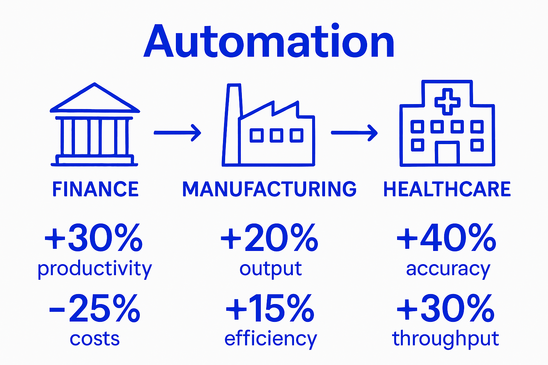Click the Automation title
(x=269, y=41)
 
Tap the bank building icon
(x=95, y=125)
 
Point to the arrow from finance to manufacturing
(x=177, y=133)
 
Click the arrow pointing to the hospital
(x=354, y=133)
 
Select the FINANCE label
(x=95, y=189)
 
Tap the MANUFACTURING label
(x=269, y=189)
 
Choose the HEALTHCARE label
(x=447, y=189)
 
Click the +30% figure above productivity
(x=93, y=237)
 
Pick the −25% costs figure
(x=95, y=308)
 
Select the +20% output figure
(x=269, y=237)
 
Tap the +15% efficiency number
(x=270, y=308)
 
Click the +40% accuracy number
(x=446, y=237)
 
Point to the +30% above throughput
(x=446, y=308)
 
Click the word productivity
(x=95, y=269)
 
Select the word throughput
(x=446, y=339)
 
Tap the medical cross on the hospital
(x=447, y=102)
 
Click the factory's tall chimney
(x=232, y=125)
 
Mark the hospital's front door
(x=447, y=153)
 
